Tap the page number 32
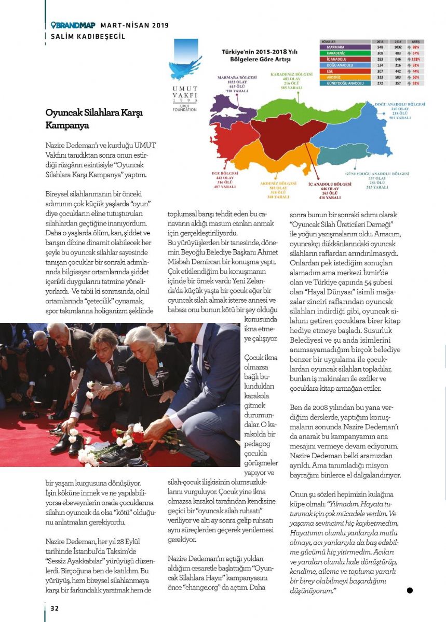[x=55, y=607]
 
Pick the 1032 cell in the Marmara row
[x=398, y=47]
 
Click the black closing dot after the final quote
[x=409, y=590]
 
